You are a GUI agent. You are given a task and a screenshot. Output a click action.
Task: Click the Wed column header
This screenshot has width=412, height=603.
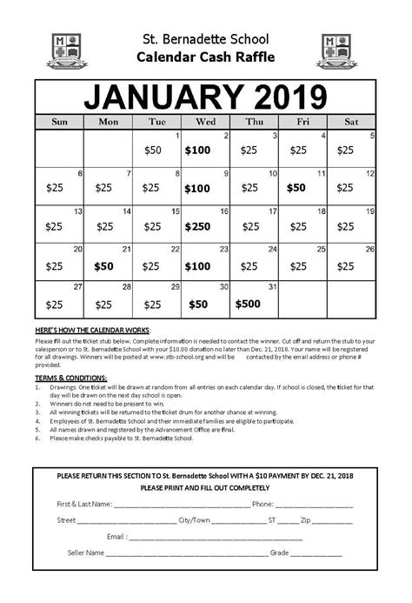pos(206,122)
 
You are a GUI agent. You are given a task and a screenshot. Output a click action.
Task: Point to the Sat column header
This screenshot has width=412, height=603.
pos(352,122)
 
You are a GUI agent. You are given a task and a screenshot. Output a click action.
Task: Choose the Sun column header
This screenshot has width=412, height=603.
pos(59,122)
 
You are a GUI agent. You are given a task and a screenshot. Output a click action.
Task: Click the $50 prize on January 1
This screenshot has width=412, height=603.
pos(153,150)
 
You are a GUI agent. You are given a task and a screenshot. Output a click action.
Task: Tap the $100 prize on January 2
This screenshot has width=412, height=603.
pos(197,150)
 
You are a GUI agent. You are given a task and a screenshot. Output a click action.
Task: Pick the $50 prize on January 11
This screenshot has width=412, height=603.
pos(296,187)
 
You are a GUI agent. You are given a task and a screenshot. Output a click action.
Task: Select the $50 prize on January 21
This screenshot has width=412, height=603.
pos(104,265)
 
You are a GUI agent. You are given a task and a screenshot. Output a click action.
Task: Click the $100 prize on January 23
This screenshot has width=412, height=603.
pos(197,265)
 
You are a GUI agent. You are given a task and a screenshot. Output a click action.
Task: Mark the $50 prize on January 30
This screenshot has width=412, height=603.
pos(199,304)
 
